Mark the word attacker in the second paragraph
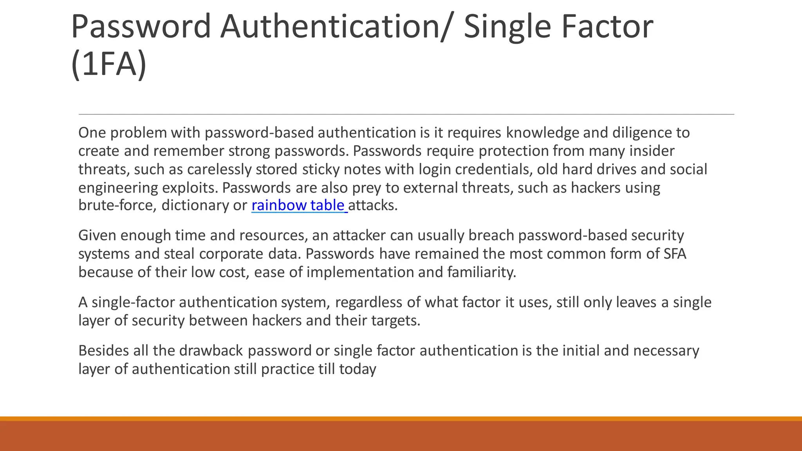click(x=360, y=235)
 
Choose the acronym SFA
click(x=675, y=254)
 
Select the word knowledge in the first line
click(x=543, y=133)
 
